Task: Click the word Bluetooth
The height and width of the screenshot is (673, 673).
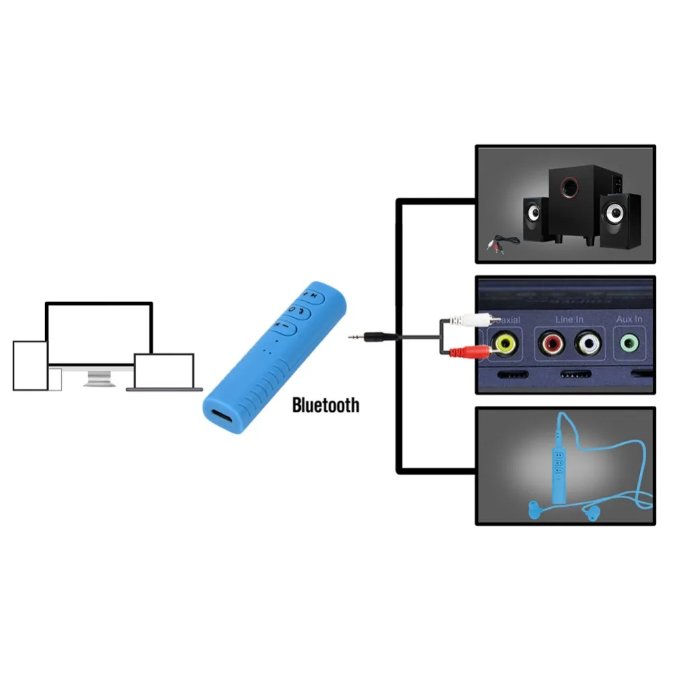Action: [325, 405]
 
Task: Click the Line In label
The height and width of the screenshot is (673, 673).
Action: [569, 318]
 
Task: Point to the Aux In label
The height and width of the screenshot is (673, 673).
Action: [629, 318]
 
